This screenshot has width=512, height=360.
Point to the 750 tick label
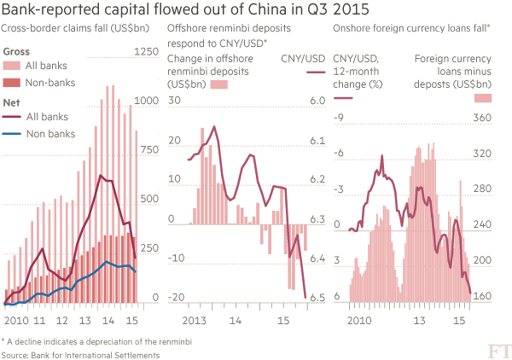click(x=149, y=151)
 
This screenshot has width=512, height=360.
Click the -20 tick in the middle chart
click(x=177, y=297)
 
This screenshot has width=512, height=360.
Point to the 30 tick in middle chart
click(x=175, y=102)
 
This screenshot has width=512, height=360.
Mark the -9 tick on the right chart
click(x=337, y=118)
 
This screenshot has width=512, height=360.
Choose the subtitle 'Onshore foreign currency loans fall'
click(x=410, y=29)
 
